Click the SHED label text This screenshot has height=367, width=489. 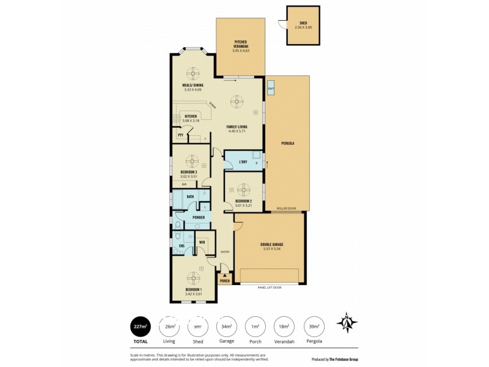click(x=303, y=23)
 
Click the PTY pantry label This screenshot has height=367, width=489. click(x=180, y=135)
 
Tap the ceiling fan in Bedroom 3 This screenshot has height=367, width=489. click(x=193, y=161)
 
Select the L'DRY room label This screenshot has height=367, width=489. click(x=243, y=162)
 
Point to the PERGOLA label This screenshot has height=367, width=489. click(x=288, y=143)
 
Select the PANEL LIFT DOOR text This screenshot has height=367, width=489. click(x=269, y=287)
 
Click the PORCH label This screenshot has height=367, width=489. click(x=225, y=281)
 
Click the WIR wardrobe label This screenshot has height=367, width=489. click(x=202, y=242)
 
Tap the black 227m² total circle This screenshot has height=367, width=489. click(x=139, y=326)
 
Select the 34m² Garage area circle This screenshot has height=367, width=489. click(x=227, y=326)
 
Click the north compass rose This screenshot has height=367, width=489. click(x=347, y=322)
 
